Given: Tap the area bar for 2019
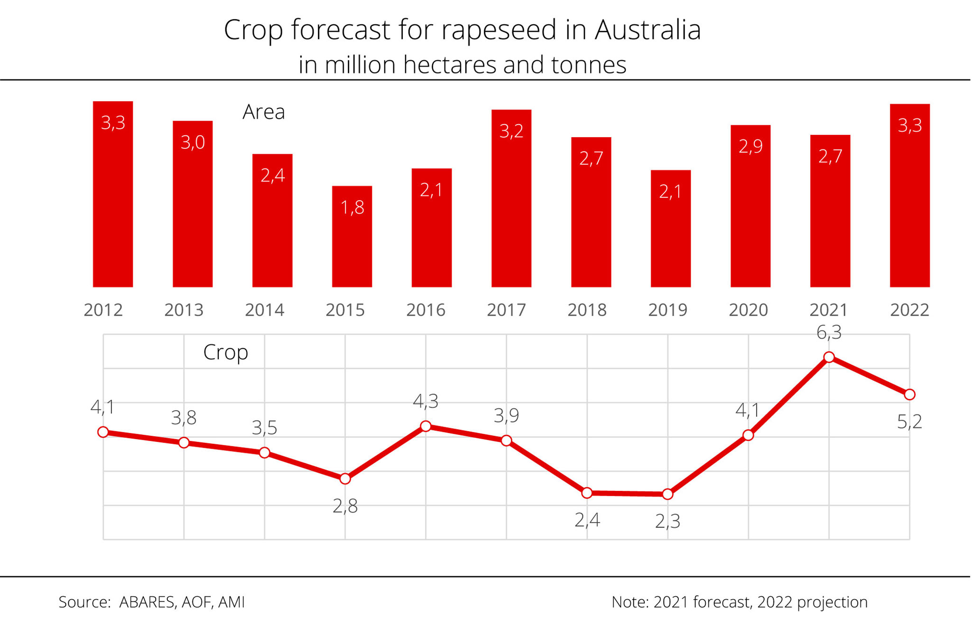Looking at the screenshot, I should click(x=670, y=228).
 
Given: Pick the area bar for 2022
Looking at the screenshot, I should click(x=909, y=195).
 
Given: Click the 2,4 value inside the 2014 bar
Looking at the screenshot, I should click(x=272, y=176).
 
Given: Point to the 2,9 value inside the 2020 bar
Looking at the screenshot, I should click(x=750, y=146).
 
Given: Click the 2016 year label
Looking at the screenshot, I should click(x=426, y=310).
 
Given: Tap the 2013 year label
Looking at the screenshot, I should click(x=184, y=310).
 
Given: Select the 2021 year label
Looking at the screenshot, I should click(x=828, y=310).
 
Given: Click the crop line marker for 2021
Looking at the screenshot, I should click(x=829, y=357).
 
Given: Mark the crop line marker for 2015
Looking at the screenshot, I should click(x=345, y=479).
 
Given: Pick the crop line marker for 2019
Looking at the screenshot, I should click(x=667, y=494).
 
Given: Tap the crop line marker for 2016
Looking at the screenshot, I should click(x=426, y=426).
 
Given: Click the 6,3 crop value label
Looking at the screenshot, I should click(x=829, y=333).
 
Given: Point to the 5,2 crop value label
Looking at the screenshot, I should click(x=909, y=422).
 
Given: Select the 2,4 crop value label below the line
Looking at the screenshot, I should click(x=587, y=520).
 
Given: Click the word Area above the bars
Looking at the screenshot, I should click(x=263, y=112).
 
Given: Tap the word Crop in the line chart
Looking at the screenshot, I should click(x=225, y=352).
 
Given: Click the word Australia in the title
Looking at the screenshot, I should click(x=648, y=30).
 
